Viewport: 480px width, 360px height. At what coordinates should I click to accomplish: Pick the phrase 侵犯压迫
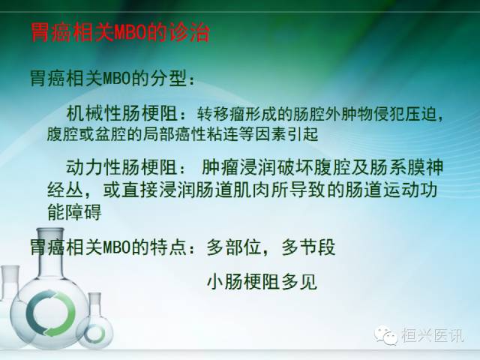pos(408,115)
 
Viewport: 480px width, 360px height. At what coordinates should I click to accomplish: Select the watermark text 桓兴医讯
pos(433,336)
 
